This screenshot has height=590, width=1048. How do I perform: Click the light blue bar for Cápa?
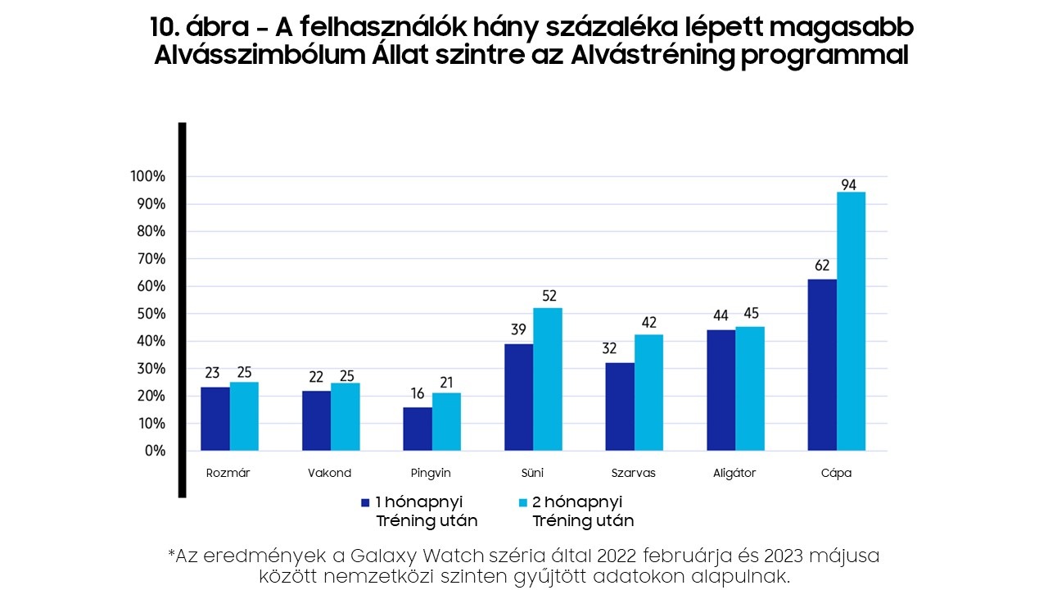pos(851,321)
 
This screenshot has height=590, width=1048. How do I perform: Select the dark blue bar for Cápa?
pos(822,365)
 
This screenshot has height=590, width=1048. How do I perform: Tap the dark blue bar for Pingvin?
pos(418,429)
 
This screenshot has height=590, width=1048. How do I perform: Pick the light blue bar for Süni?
pos(548,379)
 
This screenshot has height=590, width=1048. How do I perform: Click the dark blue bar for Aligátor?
pos(721,390)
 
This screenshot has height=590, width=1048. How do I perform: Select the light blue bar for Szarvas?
pos(648,393)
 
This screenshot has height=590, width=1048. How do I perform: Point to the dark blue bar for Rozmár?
pos(215,419)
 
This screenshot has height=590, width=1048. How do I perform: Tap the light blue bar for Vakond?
pos(346,416)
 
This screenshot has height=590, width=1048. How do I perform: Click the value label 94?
pos(848,185)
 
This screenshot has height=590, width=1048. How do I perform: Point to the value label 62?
pos(822,265)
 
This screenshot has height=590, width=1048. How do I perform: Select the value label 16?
pos(418,393)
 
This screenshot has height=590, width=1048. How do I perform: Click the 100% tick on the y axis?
pos(148,177)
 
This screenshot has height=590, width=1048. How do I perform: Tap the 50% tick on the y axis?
pos(151,314)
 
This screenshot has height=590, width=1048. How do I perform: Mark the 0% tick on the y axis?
pos(154,451)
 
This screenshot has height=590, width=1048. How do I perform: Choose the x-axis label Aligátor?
pos(734,473)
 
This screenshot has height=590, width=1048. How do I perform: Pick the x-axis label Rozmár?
pos(228,473)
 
